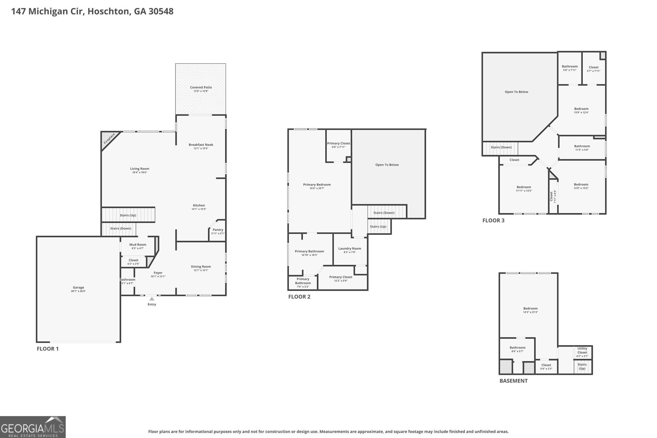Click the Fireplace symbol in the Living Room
click(109, 138)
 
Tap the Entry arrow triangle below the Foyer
click(152, 299)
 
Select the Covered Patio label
click(201, 87)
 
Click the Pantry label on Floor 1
click(218, 230)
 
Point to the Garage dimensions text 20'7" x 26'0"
click(78, 291)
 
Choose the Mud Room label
click(138, 245)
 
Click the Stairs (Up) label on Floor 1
click(128, 215)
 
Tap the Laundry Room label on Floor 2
click(349, 248)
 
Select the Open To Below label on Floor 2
click(387, 165)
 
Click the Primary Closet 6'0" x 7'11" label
click(339, 143)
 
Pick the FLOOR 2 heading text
click(299, 297)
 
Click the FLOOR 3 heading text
click(493, 220)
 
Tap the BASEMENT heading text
click(513, 381)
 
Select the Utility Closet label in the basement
click(582, 350)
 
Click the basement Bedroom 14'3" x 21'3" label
click(530, 308)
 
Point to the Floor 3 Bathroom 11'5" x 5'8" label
click(582, 146)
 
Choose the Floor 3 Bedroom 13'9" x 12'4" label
click(581, 109)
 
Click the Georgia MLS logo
click(32, 427)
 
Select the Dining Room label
click(201, 267)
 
